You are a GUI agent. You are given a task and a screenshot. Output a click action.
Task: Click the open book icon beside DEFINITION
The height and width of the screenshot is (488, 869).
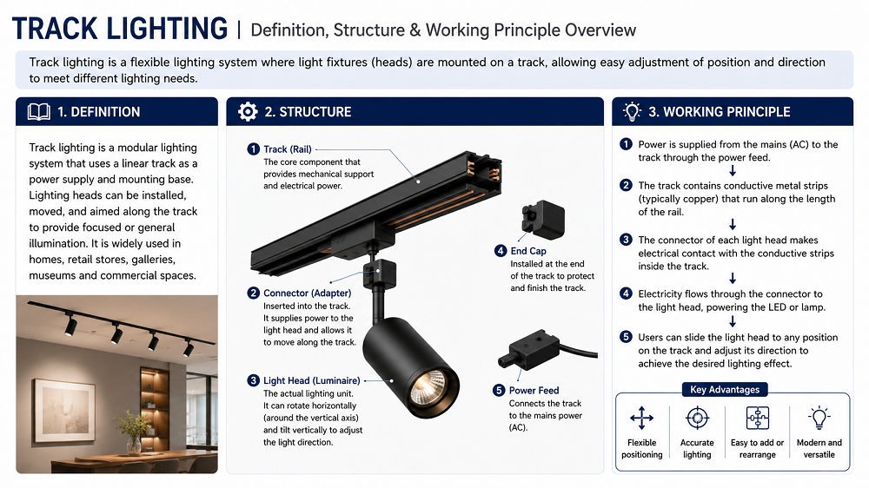(39, 112)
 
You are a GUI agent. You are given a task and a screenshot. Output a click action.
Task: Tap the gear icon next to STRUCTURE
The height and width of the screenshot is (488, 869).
(248, 112)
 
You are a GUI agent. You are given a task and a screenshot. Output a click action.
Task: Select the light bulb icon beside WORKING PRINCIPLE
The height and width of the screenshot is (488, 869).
(632, 111)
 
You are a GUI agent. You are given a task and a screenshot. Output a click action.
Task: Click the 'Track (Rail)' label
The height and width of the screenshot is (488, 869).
(288, 149)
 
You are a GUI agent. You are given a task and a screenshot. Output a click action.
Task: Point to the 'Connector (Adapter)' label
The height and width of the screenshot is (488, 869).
(307, 293)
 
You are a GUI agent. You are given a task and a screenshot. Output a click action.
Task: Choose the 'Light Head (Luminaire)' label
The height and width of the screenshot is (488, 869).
(311, 380)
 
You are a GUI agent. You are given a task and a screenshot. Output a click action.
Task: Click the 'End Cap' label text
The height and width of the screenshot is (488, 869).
(528, 251)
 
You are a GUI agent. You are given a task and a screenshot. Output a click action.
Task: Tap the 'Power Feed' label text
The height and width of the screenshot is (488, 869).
(534, 391)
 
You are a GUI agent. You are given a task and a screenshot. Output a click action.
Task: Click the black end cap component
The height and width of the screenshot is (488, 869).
(542, 219)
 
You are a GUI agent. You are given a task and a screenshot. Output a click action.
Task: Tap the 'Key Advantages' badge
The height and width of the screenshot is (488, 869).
(725, 389)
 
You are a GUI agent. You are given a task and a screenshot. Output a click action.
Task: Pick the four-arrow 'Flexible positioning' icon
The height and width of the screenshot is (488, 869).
(642, 419)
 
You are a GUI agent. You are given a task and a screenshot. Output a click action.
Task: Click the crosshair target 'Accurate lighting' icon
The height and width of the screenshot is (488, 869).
(697, 418)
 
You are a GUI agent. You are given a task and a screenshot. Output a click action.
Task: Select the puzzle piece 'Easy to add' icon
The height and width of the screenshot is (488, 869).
(757, 419)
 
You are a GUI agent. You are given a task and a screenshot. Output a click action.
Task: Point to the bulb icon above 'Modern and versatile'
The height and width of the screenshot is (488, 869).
(819, 418)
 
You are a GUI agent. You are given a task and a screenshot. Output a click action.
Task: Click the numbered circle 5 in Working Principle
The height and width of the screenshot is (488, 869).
(626, 337)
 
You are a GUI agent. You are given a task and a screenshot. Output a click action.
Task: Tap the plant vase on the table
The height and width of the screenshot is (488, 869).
(133, 444)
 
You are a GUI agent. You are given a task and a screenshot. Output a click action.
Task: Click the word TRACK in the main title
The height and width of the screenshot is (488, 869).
(54, 29)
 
